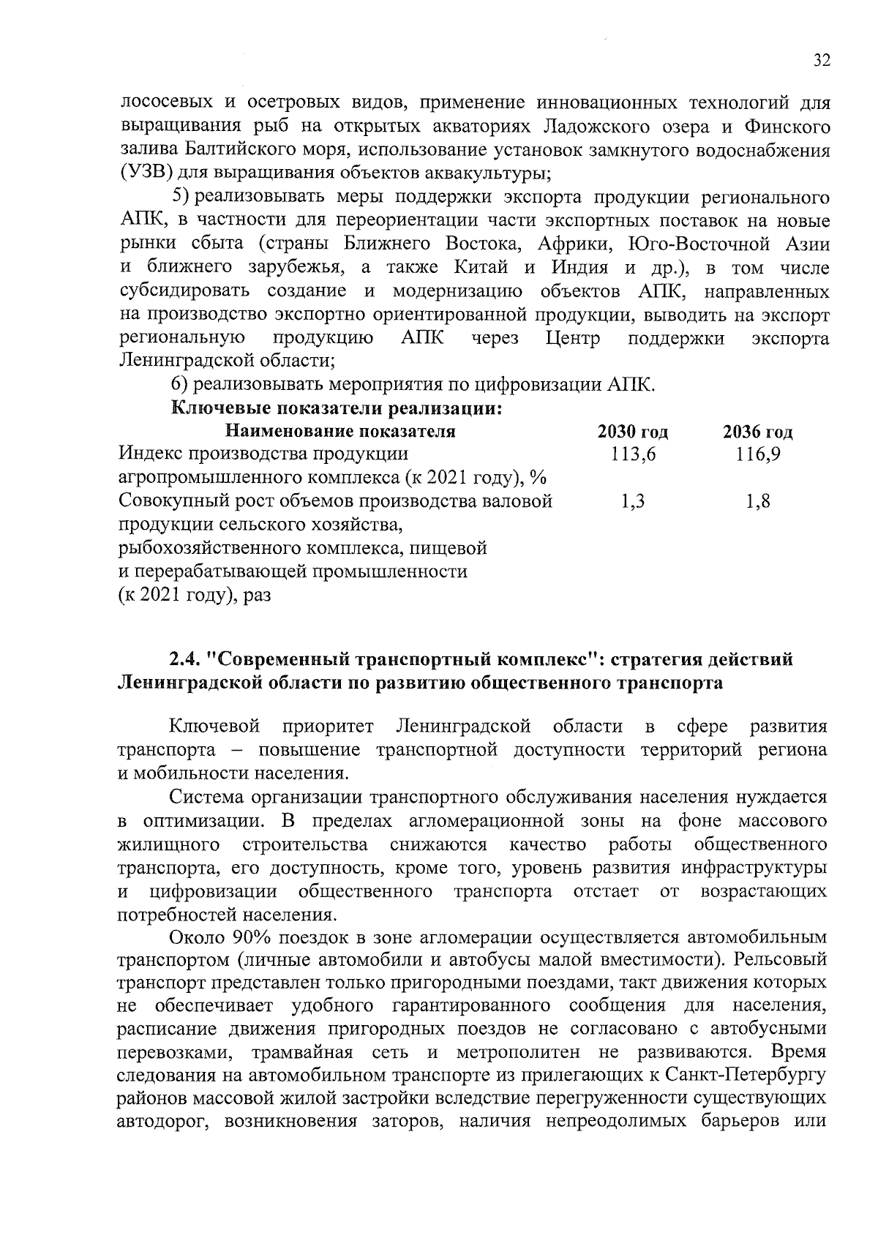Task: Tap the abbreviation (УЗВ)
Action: [x=145, y=174]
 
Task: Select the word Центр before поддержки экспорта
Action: [x=573, y=338]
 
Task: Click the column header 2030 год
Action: [x=632, y=432]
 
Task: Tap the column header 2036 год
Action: [x=758, y=432]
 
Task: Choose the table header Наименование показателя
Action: [x=340, y=431]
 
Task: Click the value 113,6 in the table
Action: [x=633, y=455]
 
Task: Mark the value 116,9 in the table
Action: [x=758, y=455]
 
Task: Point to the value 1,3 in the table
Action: [x=632, y=502]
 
